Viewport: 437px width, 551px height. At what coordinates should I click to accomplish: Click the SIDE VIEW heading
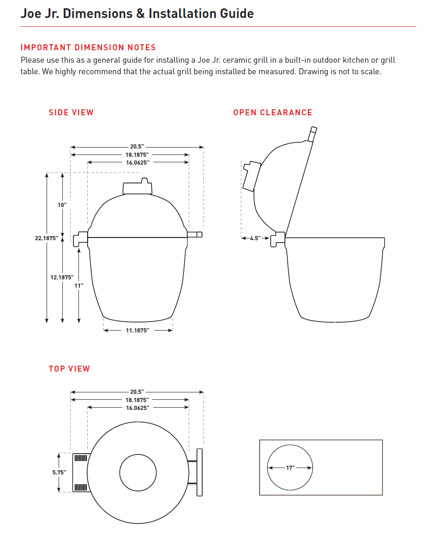[71, 113]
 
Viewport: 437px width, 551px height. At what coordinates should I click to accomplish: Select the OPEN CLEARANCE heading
[272, 113]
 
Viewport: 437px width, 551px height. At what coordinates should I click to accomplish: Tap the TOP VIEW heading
[69, 369]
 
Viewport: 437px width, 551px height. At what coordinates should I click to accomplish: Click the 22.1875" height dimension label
[46, 238]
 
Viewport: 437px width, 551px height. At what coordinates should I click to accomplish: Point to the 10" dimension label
[62, 204]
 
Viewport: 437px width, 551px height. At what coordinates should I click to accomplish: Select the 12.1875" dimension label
[62, 278]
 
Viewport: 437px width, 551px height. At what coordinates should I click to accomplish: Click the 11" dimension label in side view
[79, 286]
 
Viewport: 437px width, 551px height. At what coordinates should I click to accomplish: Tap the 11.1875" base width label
[138, 331]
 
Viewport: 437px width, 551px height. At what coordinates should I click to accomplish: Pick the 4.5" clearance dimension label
[255, 238]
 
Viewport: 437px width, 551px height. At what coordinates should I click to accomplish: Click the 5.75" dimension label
[59, 472]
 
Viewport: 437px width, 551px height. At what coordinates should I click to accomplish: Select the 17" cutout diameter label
[290, 468]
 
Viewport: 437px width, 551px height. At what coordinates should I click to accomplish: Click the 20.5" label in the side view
[137, 147]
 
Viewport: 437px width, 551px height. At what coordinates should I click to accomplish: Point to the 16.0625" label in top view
[138, 408]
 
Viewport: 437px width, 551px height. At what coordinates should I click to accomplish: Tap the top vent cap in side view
[137, 187]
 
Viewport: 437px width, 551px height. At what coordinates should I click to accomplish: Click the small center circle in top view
[138, 473]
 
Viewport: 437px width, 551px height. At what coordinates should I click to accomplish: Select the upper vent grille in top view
[81, 458]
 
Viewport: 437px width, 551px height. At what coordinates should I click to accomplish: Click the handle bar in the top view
[199, 472]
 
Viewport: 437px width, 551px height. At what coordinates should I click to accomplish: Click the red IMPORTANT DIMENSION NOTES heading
[88, 47]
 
